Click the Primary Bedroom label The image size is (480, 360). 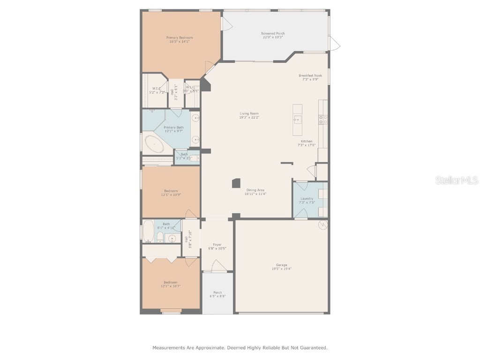tap(180, 37)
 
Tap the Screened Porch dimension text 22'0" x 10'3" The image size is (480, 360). tap(273, 37)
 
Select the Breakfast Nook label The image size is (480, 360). tap(310, 75)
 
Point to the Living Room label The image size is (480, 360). tap(249, 113)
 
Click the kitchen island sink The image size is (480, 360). tap(297, 120)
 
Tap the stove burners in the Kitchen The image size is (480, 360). tap(323, 120)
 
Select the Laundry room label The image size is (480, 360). tap(307, 198)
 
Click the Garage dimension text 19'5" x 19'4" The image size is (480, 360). tap(281, 269)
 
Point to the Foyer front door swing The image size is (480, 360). tap(217, 267)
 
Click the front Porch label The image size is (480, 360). tap(217, 292)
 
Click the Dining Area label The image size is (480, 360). tap(255, 190)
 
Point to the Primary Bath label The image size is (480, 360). tap(173, 127)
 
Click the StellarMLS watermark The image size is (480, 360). tap(456, 180)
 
